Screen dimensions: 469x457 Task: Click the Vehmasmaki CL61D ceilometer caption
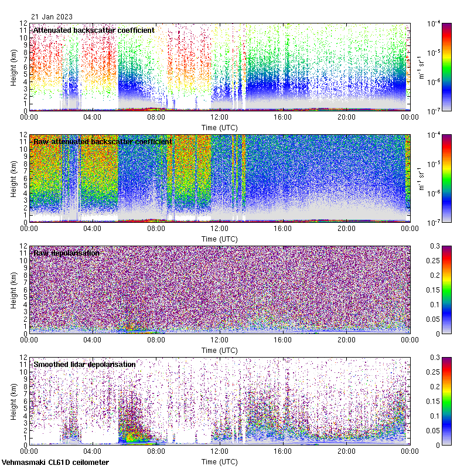point(54,463)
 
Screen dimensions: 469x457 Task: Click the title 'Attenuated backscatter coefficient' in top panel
point(94,30)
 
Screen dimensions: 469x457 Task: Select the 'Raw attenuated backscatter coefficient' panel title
point(103,141)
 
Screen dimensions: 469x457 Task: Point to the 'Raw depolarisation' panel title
point(66,253)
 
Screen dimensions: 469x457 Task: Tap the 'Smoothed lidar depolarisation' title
point(84,364)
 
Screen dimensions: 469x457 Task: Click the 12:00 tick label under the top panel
point(219,117)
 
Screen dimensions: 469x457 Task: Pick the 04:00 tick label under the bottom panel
point(93,451)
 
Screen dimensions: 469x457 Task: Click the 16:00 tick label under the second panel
point(282,228)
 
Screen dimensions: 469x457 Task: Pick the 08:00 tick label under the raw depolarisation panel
point(156,339)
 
